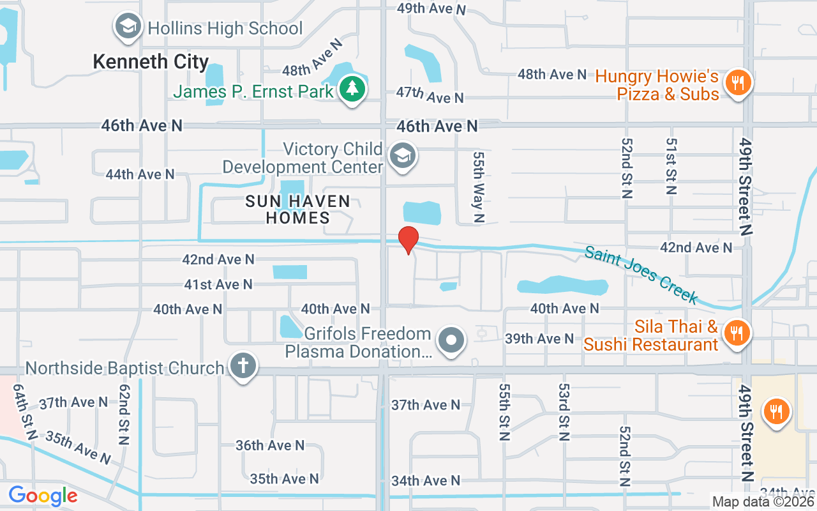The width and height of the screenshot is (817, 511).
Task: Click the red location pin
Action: (x=408, y=240)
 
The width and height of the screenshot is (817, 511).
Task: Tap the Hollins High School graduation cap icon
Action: (x=128, y=27)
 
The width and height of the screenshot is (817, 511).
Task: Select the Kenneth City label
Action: (x=151, y=62)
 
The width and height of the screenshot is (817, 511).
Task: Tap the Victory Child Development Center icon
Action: (x=403, y=156)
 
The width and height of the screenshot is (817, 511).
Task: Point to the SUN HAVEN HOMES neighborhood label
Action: (x=297, y=210)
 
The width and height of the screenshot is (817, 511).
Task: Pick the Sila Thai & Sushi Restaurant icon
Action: (x=737, y=333)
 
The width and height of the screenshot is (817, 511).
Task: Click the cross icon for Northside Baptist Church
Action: (x=243, y=367)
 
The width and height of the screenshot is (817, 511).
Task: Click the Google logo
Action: (x=43, y=496)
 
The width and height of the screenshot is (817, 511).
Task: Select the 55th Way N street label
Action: (x=479, y=187)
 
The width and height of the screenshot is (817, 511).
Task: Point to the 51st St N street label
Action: (x=671, y=166)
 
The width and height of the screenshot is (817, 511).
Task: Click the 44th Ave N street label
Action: (x=140, y=174)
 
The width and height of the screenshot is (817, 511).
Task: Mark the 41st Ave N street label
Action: (x=218, y=284)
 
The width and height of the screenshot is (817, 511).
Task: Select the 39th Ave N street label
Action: (x=539, y=339)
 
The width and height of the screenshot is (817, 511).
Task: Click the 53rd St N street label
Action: (x=564, y=411)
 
